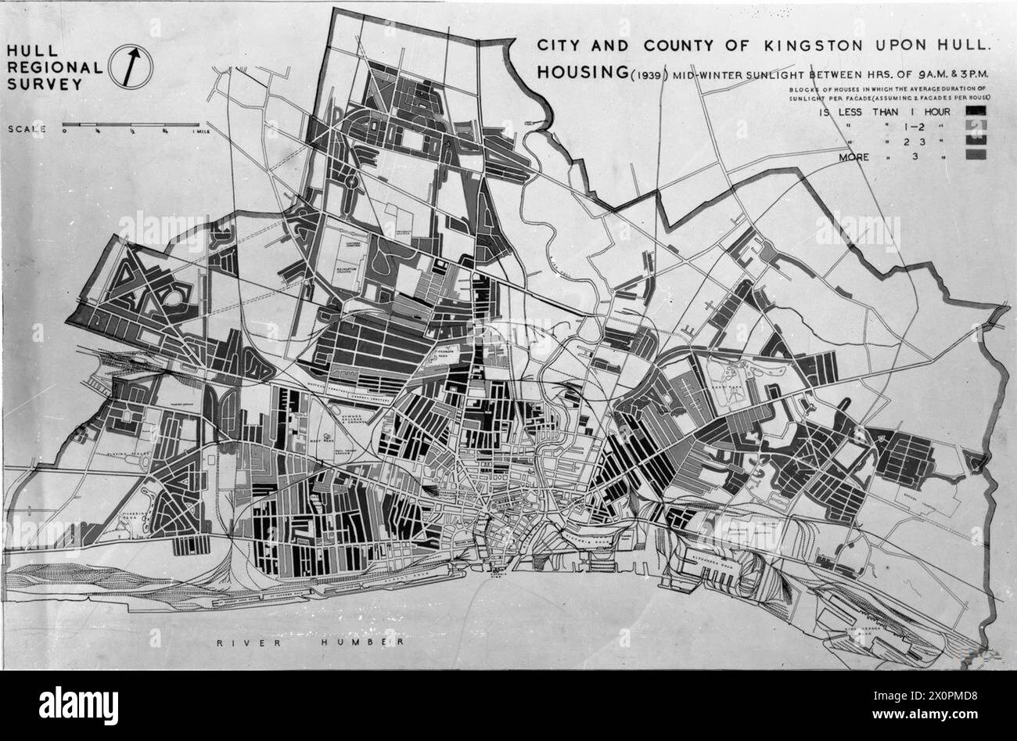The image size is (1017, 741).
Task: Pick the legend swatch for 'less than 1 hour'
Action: click(978, 111)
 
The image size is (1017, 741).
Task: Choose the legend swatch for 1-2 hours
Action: click(978, 126)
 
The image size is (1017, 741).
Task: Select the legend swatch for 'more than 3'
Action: click(978, 156)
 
